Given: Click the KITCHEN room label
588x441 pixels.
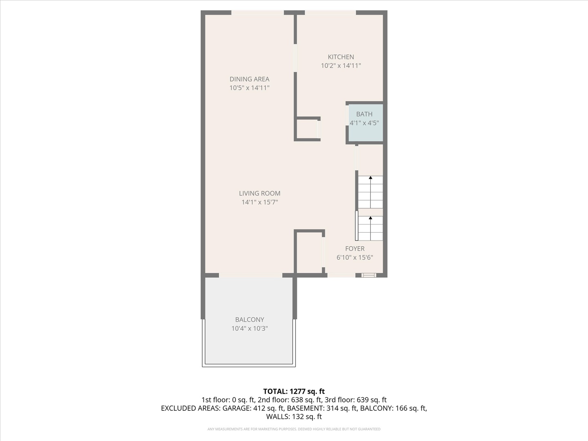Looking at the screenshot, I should pyautogui.click(x=341, y=57).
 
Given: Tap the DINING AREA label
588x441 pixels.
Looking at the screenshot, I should pyautogui.click(x=249, y=79).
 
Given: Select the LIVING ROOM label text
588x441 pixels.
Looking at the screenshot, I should pyautogui.click(x=260, y=194).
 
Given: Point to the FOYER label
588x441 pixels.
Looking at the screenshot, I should pyautogui.click(x=354, y=249).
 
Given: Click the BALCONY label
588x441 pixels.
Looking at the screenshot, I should pyautogui.click(x=249, y=320).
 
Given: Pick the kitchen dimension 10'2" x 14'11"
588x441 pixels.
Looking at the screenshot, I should pyautogui.click(x=341, y=66).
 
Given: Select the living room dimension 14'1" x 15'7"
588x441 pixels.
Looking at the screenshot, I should pyautogui.click(x=260, y=202).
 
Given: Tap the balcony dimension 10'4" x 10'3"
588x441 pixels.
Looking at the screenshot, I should pyautogui.click(x=249, y=328).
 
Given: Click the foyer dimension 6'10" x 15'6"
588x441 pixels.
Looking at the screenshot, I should pyautogui.click(x=354, y=257).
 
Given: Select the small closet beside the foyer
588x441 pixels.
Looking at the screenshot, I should pyautogui.click(x=309, y=252).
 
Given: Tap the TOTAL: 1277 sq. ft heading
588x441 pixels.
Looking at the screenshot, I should pyautogui.click(x=294, y=391).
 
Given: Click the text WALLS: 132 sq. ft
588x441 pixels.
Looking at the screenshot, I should pyautogui.click(x=294, y=416).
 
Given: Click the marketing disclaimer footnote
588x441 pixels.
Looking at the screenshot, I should pyautogui.click(x=294, y=429).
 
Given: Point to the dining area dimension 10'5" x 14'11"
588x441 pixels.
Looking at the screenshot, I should pyautogui.click(x=249, y=88).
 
